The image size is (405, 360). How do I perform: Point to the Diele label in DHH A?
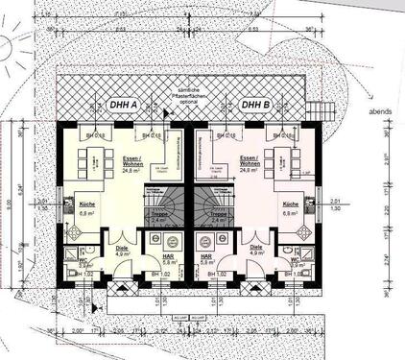(x=123, y=251)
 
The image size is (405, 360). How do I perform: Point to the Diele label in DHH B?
(x=256, y=251)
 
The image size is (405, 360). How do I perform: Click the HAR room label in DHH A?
(x=169, y=259)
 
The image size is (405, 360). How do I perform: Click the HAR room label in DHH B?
(x=206, y=259)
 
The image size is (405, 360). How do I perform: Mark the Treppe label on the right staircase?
(x=218, y=217)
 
